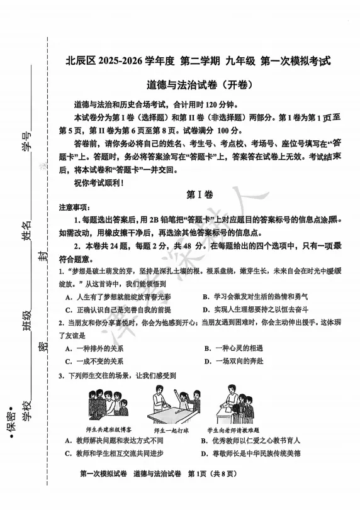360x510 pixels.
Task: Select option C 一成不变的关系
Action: point(94,362)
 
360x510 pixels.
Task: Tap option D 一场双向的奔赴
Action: point(238,362)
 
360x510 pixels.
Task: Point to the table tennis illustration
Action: point(171,406)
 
